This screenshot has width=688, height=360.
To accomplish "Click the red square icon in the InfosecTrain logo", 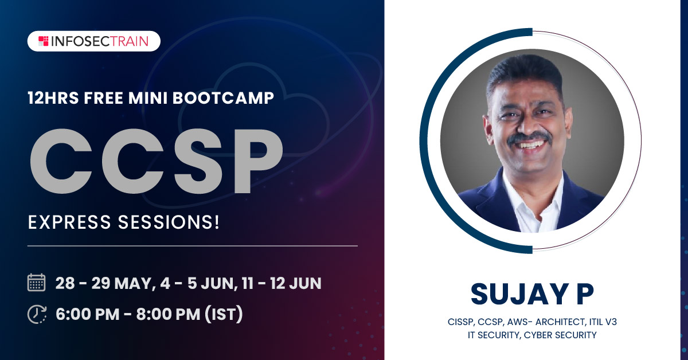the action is [x=44, y=41].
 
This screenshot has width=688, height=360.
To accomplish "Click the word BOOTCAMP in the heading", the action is [x=223, y=98].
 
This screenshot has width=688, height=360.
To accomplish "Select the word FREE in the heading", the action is [x=104, y=98].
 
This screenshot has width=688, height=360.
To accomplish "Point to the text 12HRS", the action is [x=53, y=98].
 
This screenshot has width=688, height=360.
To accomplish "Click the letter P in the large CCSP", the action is [x=259, y=161].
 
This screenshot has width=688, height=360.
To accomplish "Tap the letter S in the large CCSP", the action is [x=198, y=161].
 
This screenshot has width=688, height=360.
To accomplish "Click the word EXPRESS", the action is [x=69, y=222].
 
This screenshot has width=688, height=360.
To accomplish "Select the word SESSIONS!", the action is [x=169, y=222].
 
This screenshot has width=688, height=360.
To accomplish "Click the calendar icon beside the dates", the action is [x=37, y=282].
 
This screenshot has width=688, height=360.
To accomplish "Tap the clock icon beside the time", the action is [x=37, y=314].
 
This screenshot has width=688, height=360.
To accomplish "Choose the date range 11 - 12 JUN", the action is [x=282, y=283].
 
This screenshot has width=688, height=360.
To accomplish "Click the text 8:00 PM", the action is [x=169, y=314].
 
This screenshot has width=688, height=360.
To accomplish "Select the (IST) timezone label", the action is [x=224, y=314].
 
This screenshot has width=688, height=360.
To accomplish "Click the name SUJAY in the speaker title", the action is [x=519, y=294].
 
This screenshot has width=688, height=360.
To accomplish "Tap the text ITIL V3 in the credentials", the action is [x=603, y=322].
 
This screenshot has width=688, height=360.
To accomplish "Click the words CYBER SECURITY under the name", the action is [x=560, y=335].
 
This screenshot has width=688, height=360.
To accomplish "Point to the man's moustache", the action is [x=529, y=138].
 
